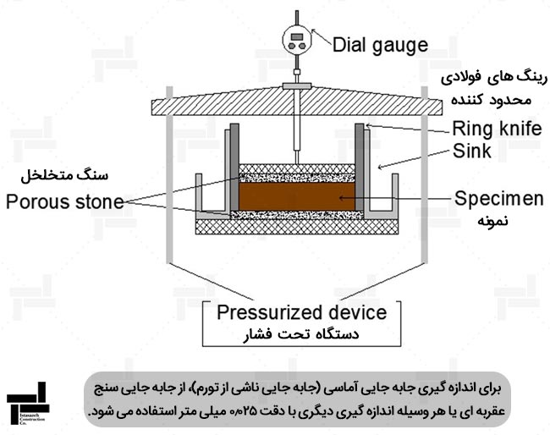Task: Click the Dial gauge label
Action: (380, 43)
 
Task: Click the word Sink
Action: (471, 152)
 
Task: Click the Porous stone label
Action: (64, 201)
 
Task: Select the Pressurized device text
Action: (302, 311)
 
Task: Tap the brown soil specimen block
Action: (296, 196)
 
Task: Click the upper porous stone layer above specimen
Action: (296, 174)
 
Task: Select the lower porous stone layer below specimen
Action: (296, 215)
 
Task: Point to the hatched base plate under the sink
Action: (296, 227)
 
